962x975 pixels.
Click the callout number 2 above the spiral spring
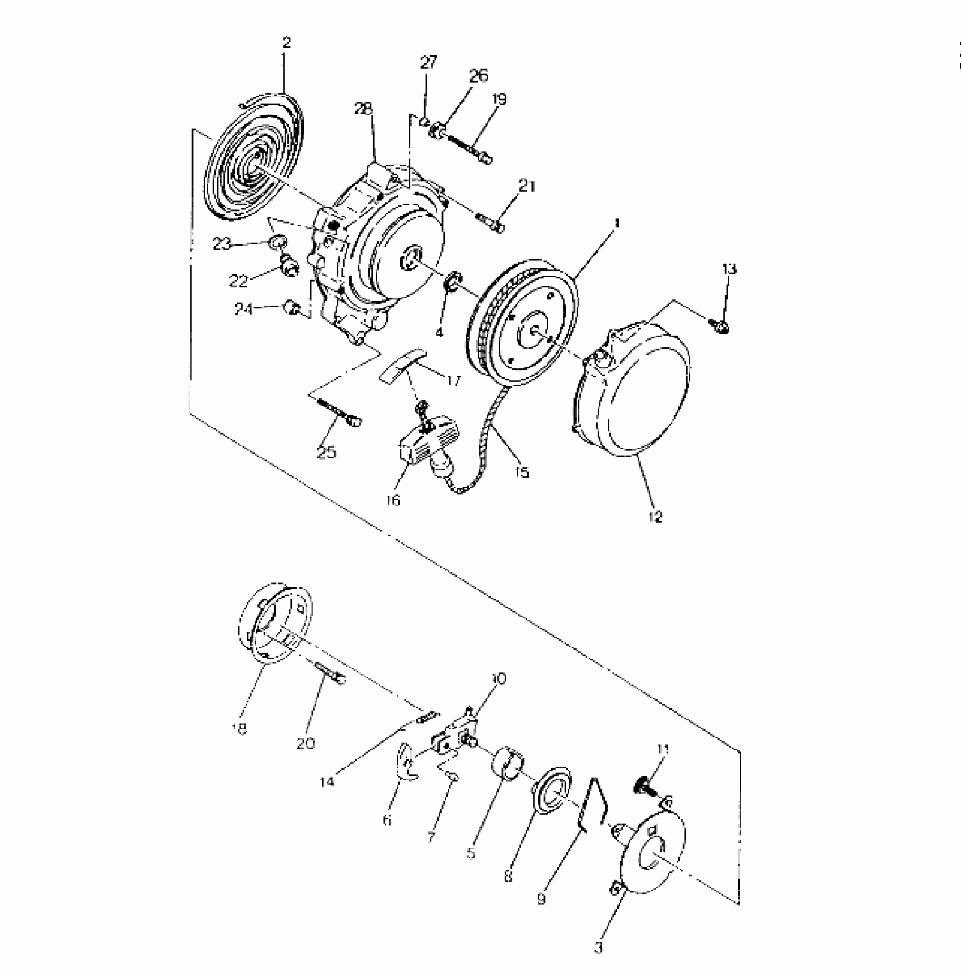(286, 43)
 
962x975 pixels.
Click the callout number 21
(527, 186)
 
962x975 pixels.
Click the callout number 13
(729, 269)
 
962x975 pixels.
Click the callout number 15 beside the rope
(522, 471)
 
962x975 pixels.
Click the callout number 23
(222, 244)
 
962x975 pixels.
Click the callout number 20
(305, 743)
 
